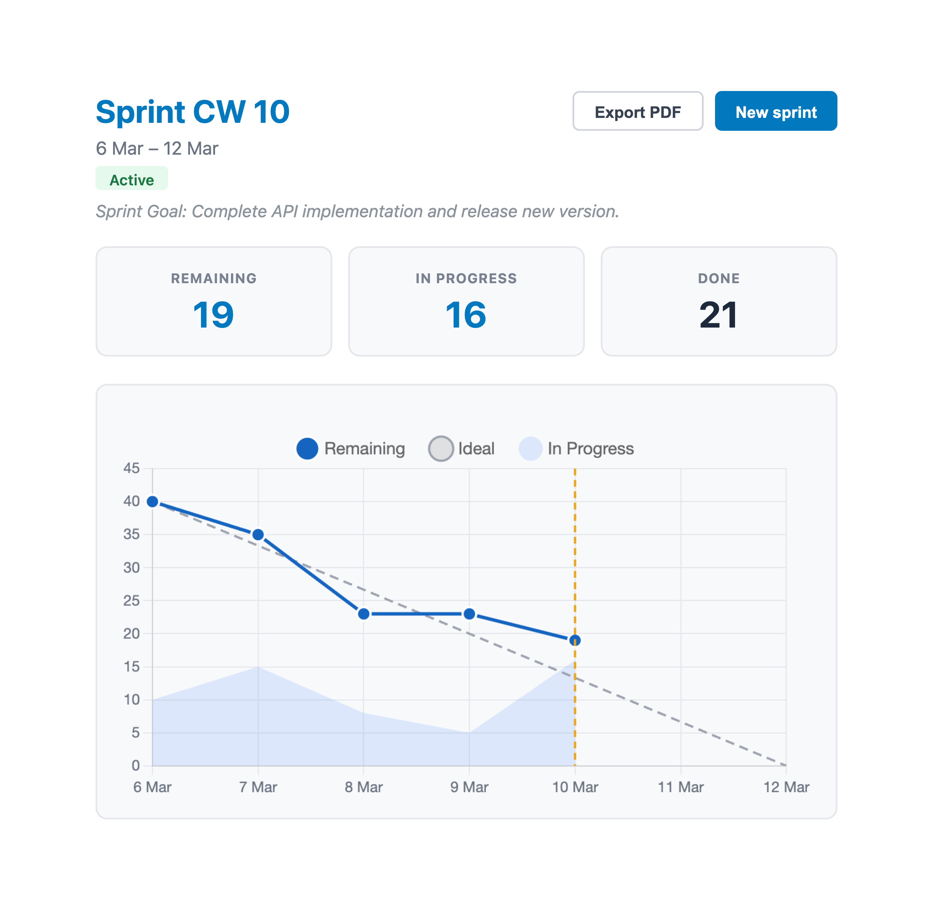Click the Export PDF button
(x=637, y=111)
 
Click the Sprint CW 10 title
(x=192, y=112)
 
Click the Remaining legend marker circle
(x=307, y=448)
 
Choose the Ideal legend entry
(x=462, y=448)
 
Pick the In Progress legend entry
(x=577, y=448)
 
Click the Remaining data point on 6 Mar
(x=152, y=502)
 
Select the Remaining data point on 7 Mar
(x=258, y=535)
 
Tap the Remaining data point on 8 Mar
(x=363, y=613)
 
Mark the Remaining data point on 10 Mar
(x=575, y=640)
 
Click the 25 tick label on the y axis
(x=132, y=601)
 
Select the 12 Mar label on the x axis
(x=786, y=787)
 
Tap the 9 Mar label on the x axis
(x=469, y=787)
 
